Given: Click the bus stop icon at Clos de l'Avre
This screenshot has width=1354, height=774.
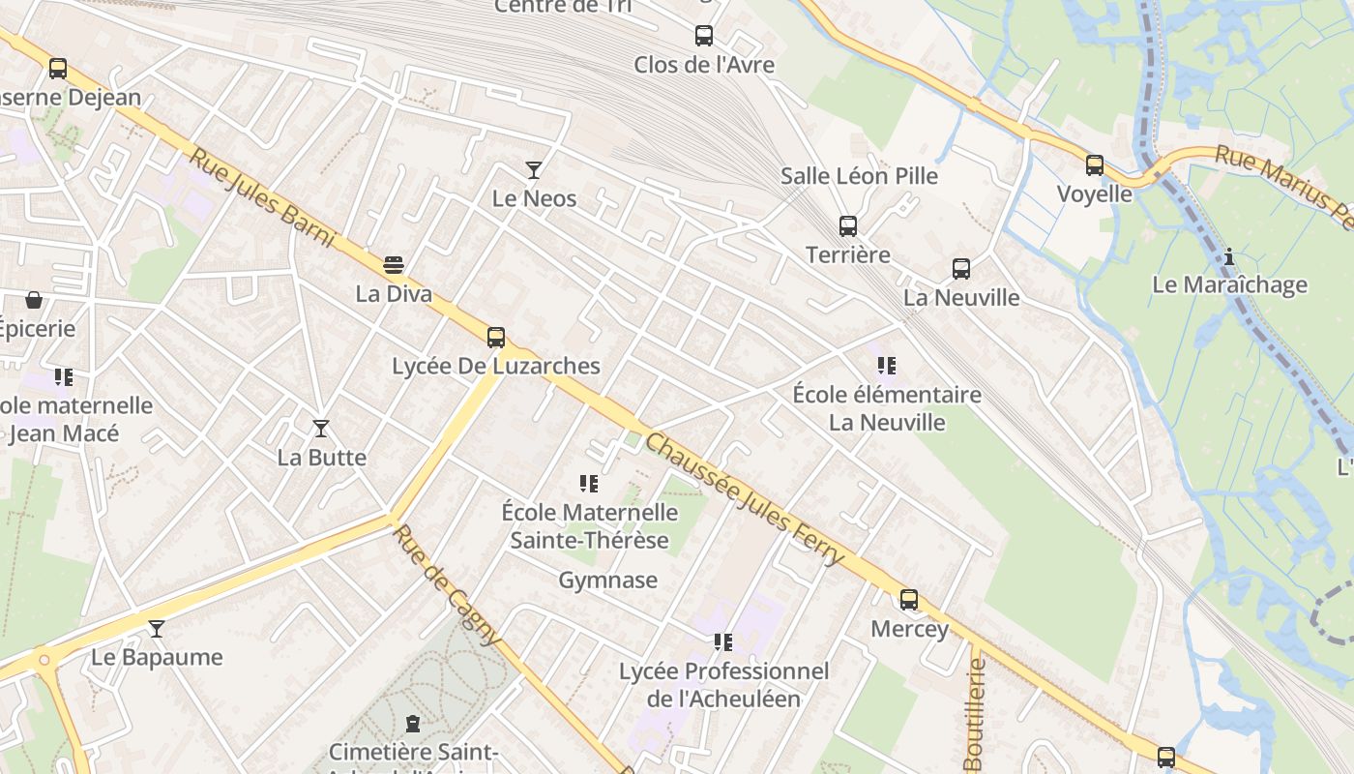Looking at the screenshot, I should (x=704, y=36).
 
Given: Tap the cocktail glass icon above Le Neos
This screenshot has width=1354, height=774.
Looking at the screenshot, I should (x=533, y=170).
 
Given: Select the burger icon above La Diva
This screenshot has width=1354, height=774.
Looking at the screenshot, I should (x=394, y=264).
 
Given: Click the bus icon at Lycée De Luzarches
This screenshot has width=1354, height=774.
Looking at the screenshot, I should (x=496, y=337).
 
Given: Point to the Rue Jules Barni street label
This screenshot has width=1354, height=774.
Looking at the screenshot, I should (x=261, y=198).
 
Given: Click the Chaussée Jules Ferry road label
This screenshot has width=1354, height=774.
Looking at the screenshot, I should (x=744, y=499).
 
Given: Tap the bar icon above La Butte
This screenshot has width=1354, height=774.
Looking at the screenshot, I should (x=321, y=428).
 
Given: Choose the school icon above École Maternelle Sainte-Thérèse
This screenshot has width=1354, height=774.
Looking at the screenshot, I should (x=588, y=483).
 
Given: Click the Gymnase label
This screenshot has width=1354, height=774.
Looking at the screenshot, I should (x=607, y=580).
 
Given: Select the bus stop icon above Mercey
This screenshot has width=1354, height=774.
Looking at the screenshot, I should (x=909, y=599).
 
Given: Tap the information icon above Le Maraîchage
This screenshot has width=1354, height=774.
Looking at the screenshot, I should (x=1229, y=256).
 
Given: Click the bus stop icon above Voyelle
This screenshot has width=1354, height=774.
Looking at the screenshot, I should (x=1094, y=164).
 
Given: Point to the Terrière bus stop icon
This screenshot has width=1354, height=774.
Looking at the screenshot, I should (x=848, y=225).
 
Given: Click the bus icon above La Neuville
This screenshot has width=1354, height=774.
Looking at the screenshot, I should (x=960, y=268).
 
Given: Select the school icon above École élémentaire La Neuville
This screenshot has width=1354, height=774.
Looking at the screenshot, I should (x=886, y=366).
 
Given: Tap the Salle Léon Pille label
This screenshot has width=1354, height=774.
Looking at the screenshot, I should (x=859, y=176).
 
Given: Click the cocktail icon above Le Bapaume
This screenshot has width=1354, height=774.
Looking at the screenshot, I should (x=157, y=629).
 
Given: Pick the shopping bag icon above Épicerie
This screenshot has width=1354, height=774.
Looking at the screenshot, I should (x=34, y=300).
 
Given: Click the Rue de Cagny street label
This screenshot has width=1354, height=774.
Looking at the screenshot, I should (x=448, y=584).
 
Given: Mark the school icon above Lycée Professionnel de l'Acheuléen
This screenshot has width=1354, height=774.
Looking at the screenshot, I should (x=722, y=641).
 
